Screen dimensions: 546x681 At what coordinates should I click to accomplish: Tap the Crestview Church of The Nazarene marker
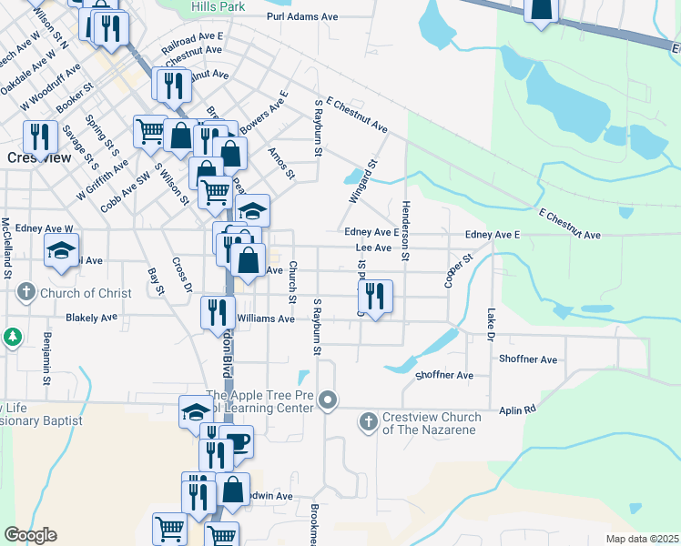pos(368,420)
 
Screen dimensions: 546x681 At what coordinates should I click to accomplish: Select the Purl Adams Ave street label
pos(302,16)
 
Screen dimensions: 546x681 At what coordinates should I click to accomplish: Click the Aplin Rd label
pos(517,410)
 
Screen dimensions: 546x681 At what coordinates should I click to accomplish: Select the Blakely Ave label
pos(92,318)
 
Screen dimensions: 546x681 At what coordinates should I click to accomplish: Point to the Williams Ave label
pos(266,319)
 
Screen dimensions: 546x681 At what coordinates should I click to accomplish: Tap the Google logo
pos(30,535)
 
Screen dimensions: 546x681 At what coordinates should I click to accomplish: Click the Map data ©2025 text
pos(642,539)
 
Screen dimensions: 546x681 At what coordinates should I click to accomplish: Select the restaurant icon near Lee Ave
pos(373,295)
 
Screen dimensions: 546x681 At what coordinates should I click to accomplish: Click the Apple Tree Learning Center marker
pos(329,399)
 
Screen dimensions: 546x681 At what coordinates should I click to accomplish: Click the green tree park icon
pos(13,338)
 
